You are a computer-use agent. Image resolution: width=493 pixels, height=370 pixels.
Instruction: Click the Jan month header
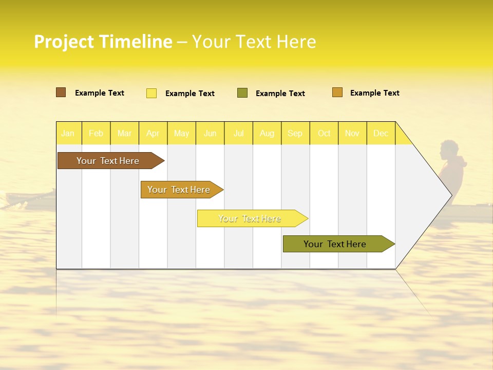click(x=68, y=133)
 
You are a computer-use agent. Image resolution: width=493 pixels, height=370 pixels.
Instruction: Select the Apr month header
click(x=153, y=133)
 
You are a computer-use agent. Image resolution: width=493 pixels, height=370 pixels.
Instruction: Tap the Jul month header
click(x=238, y=133)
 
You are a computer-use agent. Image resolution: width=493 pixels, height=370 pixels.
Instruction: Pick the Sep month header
click(x=295, y=133)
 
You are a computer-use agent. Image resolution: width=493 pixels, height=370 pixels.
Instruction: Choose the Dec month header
click(x=381, y=133)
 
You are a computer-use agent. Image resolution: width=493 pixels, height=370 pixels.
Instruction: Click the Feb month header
click(x=96, y=133)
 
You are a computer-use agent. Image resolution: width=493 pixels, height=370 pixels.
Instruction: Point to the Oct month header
click(x=324, y=133)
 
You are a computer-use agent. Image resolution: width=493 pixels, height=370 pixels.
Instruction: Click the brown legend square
click(x=61, y=92)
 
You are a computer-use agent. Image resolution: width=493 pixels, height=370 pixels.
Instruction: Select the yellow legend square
click(x=151, y=93)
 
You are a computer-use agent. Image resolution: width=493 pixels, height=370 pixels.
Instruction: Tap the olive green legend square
click(x=242, y=92)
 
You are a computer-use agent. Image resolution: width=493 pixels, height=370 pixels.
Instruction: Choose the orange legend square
click(x=337, y=92)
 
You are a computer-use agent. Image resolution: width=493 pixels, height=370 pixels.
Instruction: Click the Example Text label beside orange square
click(x=374, y=93)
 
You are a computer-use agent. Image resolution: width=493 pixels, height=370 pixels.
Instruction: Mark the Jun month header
click(x=210, y=133)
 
